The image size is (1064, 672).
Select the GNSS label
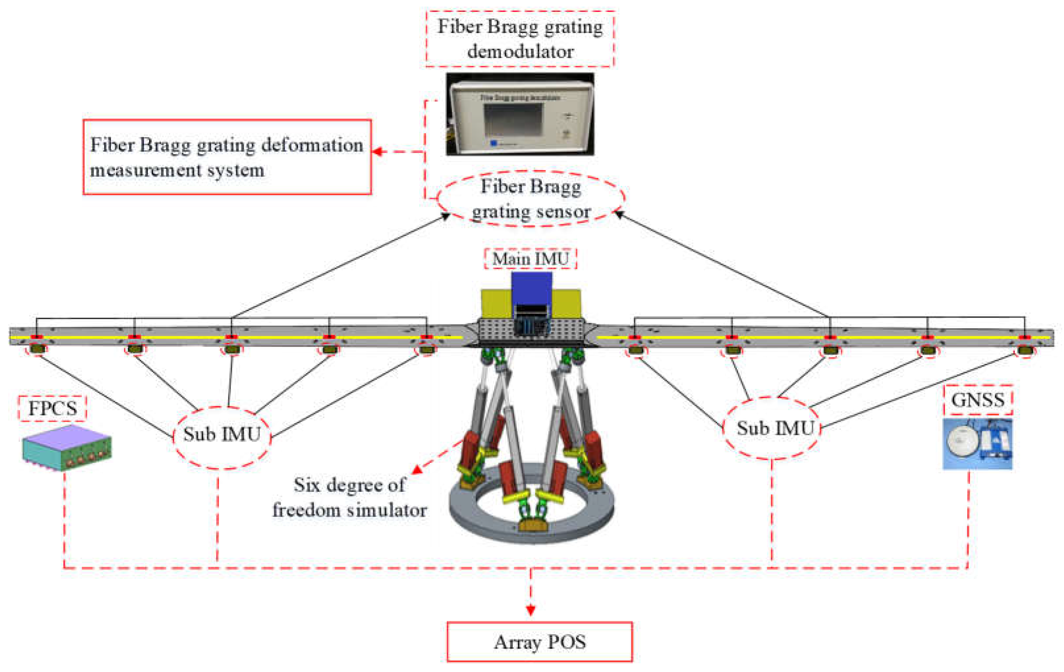click(977, 400)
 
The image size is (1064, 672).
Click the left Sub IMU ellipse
click(222, 435)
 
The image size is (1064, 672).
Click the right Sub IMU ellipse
click(772, 428)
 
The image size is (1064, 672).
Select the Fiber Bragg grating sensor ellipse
click(531, 199)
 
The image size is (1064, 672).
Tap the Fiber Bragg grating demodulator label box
click(520, 39)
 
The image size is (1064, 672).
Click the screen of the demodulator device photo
click(513, 120)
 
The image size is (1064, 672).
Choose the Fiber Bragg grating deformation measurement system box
click(227, 157)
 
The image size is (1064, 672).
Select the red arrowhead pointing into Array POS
click(531, 610)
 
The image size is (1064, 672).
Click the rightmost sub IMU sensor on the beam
click(1025, 351)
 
